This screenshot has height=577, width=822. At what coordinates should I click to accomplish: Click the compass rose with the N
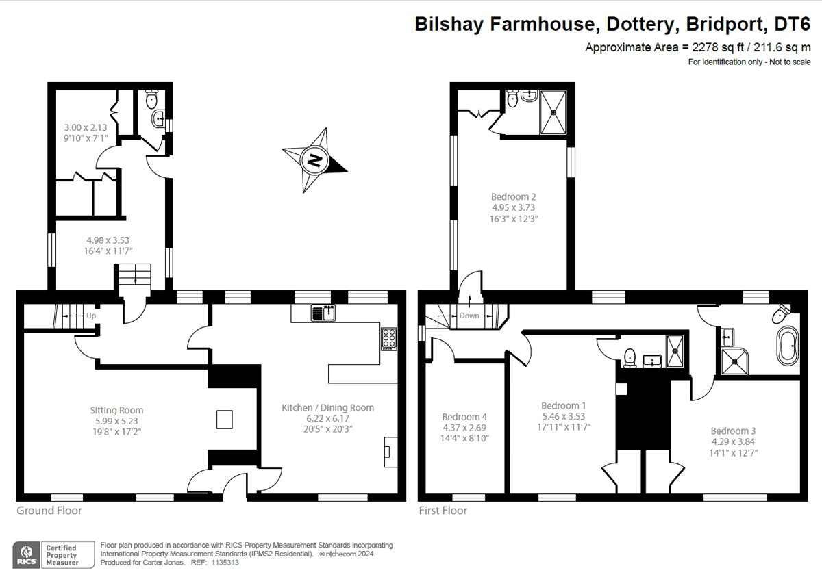point(314,162)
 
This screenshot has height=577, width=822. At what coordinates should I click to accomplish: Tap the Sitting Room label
point(116,411)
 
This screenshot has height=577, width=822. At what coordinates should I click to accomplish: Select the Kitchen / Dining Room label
point(328,407)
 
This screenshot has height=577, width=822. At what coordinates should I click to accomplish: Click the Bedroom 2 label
point(508,196)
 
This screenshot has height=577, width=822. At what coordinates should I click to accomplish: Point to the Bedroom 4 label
point(464,417)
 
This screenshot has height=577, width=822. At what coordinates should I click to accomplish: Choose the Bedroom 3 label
point(732,431)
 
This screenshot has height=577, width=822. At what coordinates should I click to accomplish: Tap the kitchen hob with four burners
point(388,339)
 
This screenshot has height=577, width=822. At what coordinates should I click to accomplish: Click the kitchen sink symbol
point(322,313)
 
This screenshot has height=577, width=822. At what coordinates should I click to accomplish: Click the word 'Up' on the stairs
point(90,316)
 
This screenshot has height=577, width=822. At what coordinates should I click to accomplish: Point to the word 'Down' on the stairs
point(469,316)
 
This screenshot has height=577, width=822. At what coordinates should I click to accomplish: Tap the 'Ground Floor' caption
point(49,511)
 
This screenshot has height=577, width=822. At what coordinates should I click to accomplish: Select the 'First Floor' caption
point(443,511)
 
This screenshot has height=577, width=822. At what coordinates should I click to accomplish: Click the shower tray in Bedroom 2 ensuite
point(553,112)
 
